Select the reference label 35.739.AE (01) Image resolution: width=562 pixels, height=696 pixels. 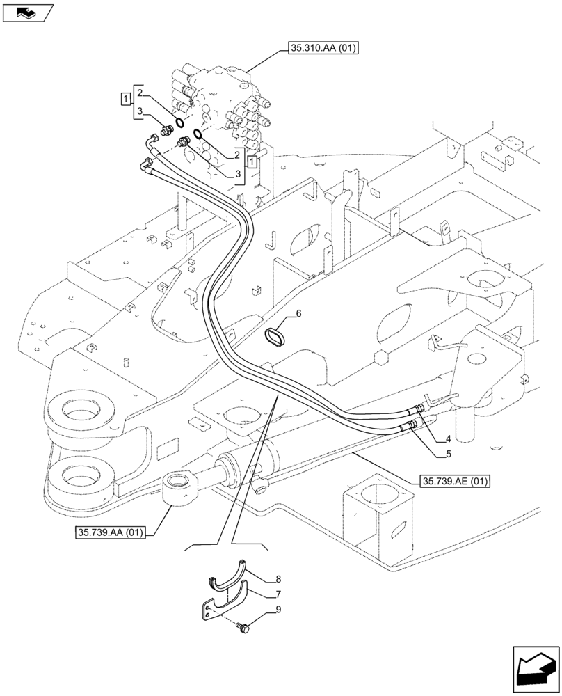coord(455,481)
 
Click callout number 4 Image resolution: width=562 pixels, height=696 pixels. coord(448,439)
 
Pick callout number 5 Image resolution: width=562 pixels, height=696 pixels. coord(448,454)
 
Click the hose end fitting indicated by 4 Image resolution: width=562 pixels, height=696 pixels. coord(419,409)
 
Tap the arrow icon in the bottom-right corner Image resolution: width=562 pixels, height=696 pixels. coord(536,668)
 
